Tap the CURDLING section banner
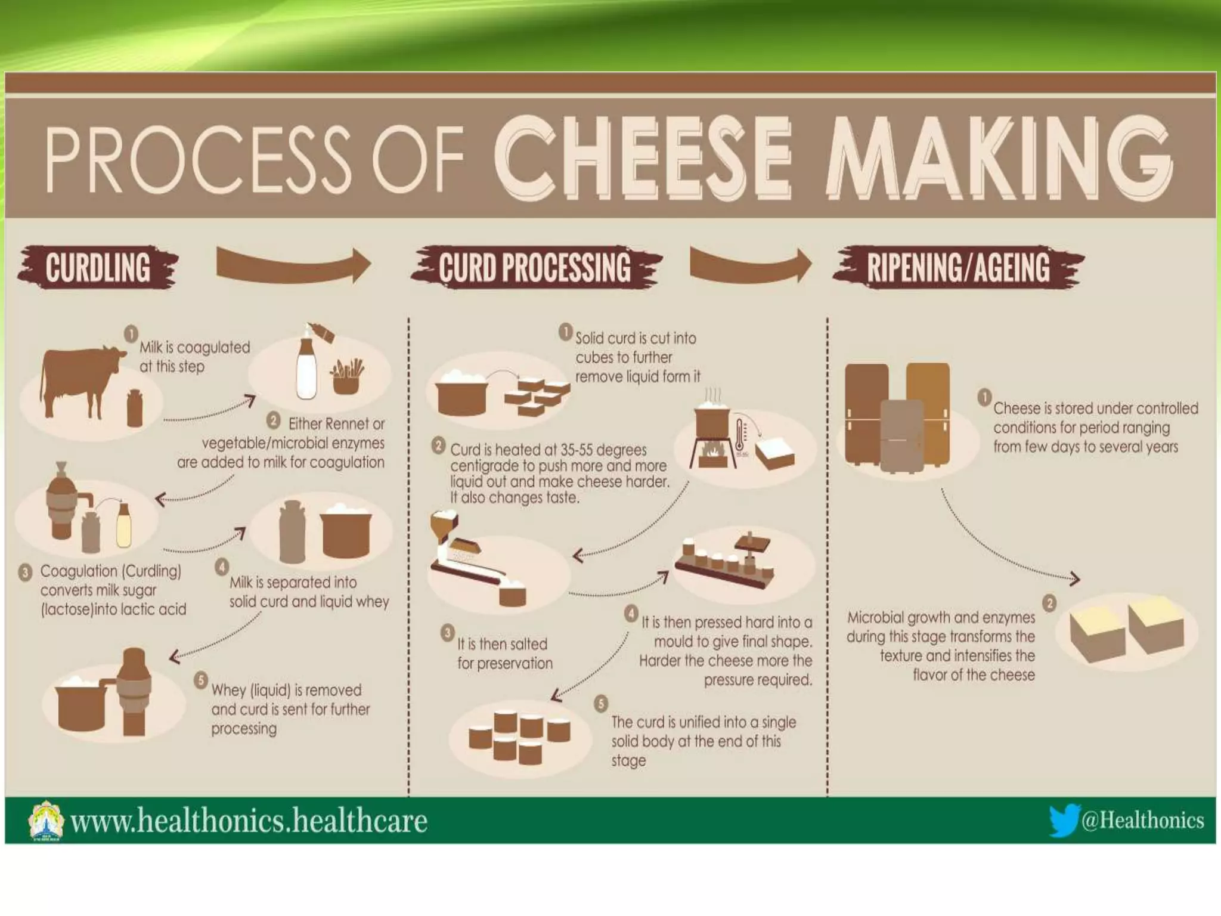tap(98, 267)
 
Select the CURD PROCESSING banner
tap(535, 268)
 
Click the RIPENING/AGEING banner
tap(958, 268)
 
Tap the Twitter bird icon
tap(1064, 820)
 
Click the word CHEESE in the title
tap(643, 157)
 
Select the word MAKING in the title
tap(998, 157)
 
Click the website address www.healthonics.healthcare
tap(249, 821)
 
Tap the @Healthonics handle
tap(1142, 821)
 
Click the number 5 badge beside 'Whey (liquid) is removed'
tap(201, 680)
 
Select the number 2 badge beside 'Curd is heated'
tap(439, 445)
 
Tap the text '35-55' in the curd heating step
tap(577, 450)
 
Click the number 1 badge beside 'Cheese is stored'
tap(984, 397)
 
